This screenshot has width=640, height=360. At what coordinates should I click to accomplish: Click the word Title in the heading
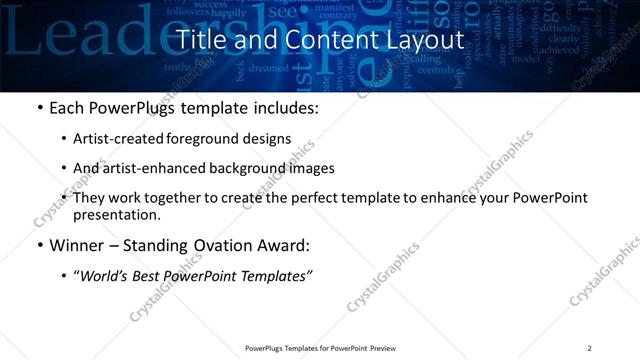(x=200, y=40)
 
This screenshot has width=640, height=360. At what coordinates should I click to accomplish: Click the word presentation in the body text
(x=116, y=215)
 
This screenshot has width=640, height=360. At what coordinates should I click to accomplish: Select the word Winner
(x=76, y=245)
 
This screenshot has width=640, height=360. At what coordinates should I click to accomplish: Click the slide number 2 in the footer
(x=589, y=348)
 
